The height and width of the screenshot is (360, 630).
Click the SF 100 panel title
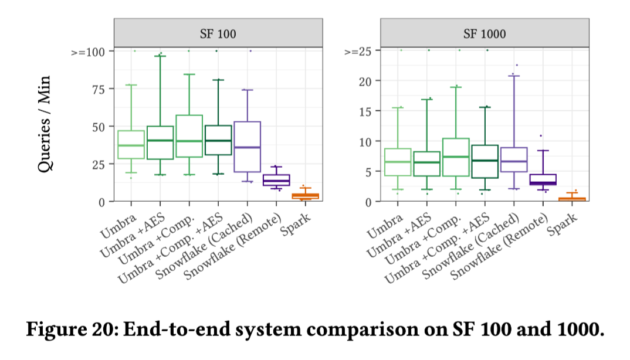pos(218,33)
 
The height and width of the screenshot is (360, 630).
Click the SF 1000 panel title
pos(484,33)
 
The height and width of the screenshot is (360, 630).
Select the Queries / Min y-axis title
pos(45,124)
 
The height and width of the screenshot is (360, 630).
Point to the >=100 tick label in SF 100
pos(89,52)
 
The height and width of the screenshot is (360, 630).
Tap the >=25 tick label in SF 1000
pos(358,52)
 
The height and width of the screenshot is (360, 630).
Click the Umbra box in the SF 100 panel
pos(131,144)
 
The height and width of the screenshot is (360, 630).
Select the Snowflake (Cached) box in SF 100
pos(247,147)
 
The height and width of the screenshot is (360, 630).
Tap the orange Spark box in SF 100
pos(305,196)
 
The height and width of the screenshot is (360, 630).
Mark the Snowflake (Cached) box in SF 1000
pos(513,159)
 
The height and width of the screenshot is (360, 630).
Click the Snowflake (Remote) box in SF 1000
pos(543,179)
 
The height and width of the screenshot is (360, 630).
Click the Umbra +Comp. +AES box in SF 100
pos(218,140)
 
